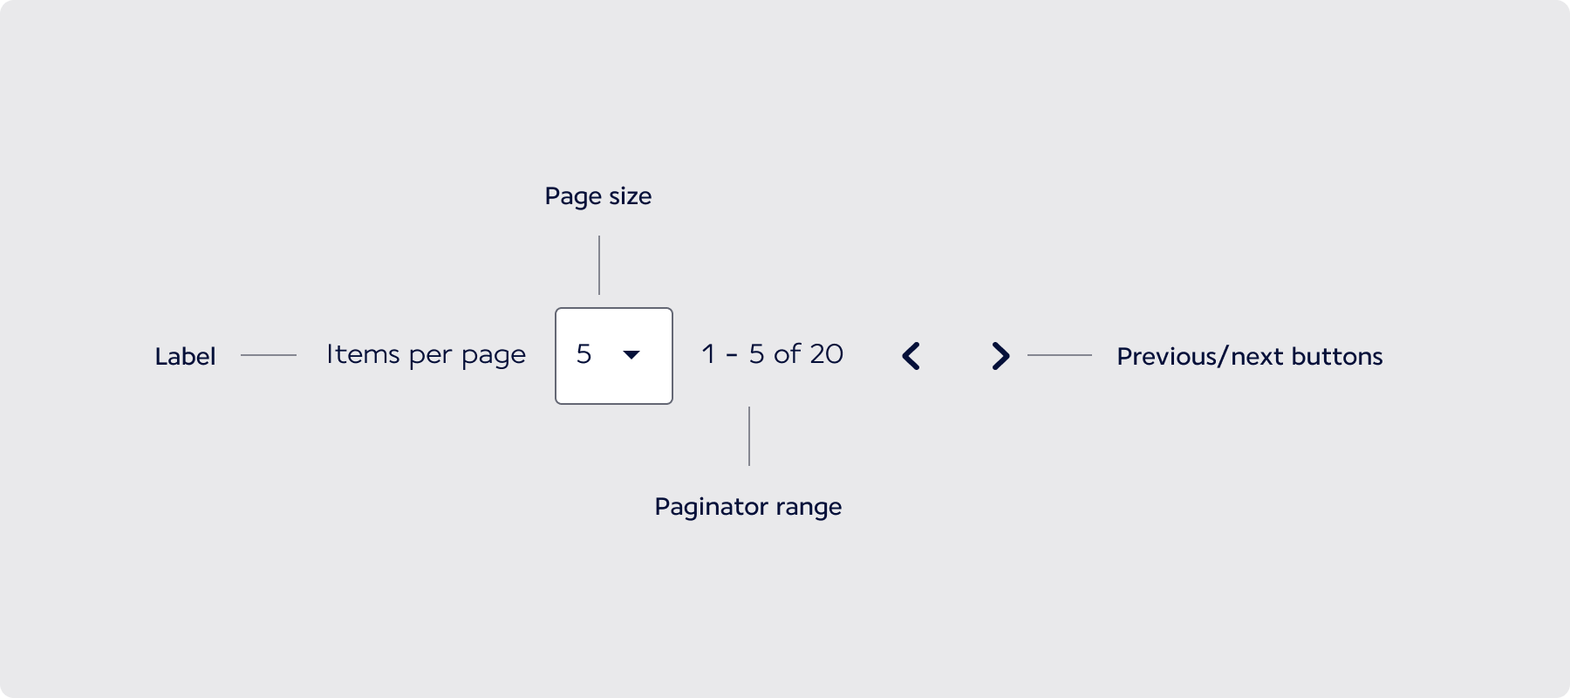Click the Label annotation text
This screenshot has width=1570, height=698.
click(185, 356)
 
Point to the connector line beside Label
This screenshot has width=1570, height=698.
click(269, 355)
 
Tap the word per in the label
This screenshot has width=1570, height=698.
click(431, 356)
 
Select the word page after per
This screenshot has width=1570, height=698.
click(494, 356)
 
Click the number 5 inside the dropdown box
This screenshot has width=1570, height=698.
click(584, 354)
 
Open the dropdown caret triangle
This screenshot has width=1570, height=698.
click(631, 354)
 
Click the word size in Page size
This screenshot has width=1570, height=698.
click(630, 196)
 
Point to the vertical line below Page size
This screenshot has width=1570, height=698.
click(599, 265)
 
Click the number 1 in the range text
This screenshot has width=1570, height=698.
click(708, 354)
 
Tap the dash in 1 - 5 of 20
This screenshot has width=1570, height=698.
click(732, 356)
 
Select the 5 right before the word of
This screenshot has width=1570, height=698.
click(756, 354)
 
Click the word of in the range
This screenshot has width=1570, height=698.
click(787, 353)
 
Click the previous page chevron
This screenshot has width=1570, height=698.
click(911, 356)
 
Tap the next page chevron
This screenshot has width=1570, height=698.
click(1001, 356)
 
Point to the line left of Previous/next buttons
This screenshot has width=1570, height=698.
click(1060, 355)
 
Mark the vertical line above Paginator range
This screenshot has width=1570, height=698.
click(749, 436)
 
